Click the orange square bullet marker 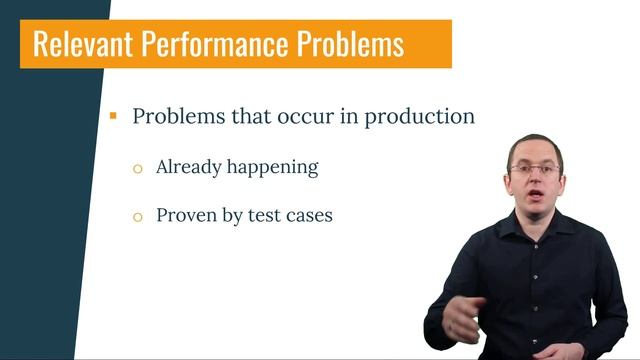tap(114, 116)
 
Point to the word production tap(419, 116)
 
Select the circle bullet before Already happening tap(138, 169)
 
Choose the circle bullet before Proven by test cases tap(138, 216)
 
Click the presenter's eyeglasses tap(535, 170)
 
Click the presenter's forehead tap(534, 152)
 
